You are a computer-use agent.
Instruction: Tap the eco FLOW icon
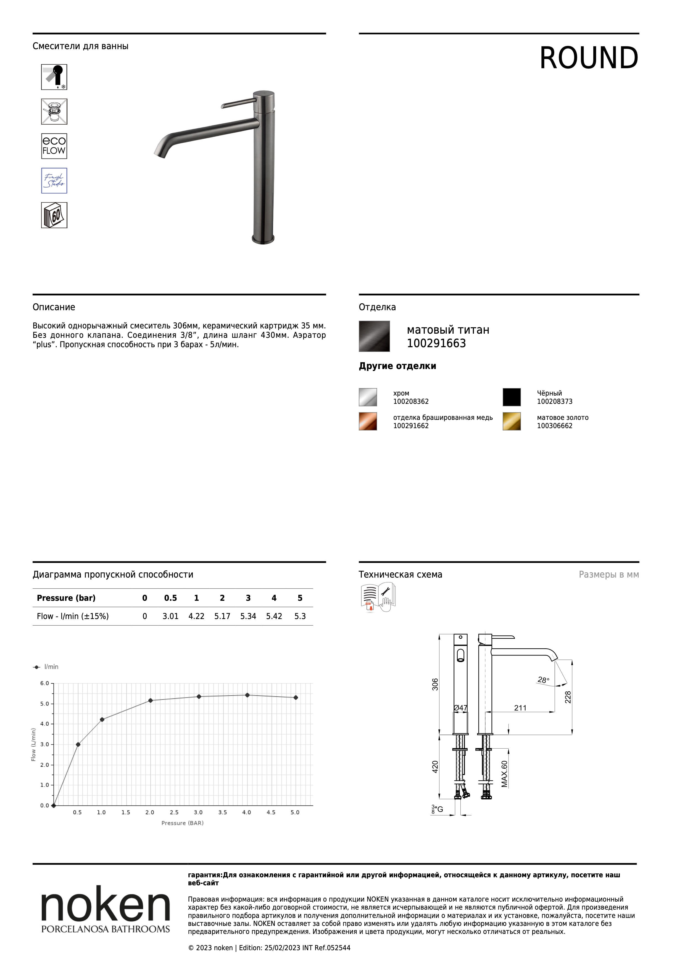pyautogui.click(x=54, y=146)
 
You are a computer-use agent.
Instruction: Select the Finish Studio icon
pyautogui.click(x=54, y=181)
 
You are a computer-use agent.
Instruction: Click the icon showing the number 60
pyautogui.click(x=54, y=215)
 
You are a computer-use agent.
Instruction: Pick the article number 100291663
pyautogui.click(x=436, y=344)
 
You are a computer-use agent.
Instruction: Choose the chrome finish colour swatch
pyautogui.click(x=368, y=397)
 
